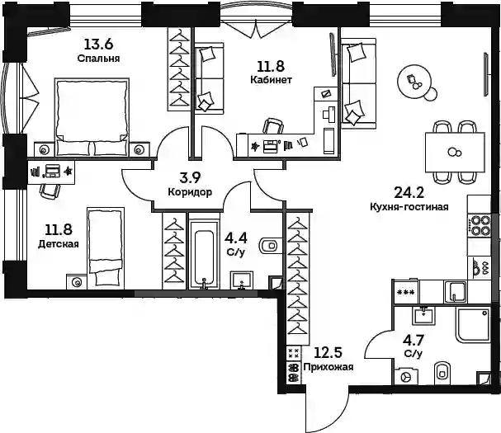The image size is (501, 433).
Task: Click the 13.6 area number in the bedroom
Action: [99, 44]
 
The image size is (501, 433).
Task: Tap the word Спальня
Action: [98, 59]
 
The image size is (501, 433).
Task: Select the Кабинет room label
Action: [271, 79]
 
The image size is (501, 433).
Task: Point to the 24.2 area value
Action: [409, 192]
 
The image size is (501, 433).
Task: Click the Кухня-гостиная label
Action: [409, 207]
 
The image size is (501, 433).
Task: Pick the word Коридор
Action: [190, 192]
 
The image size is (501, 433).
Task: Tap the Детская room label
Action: [59, 244]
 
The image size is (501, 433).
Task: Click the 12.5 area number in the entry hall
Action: [328, 352]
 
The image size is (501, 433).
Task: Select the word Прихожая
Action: [328, 367]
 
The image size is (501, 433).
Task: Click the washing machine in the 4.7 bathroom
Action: [406, 377]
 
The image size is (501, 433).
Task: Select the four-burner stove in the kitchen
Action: [479, 225]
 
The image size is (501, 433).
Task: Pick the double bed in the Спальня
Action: [92, 117]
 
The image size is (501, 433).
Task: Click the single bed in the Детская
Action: [105, 247]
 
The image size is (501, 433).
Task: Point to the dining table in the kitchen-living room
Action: [455, 153]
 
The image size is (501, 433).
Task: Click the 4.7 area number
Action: [414, 340]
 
